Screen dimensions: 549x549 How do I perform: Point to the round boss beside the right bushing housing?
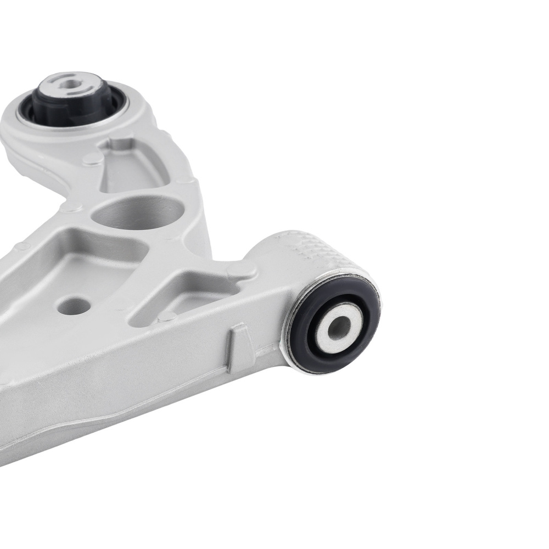coord(242,270)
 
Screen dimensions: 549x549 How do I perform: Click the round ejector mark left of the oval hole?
coord(71,208)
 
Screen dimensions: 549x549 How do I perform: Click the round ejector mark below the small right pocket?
coord(167,317)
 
